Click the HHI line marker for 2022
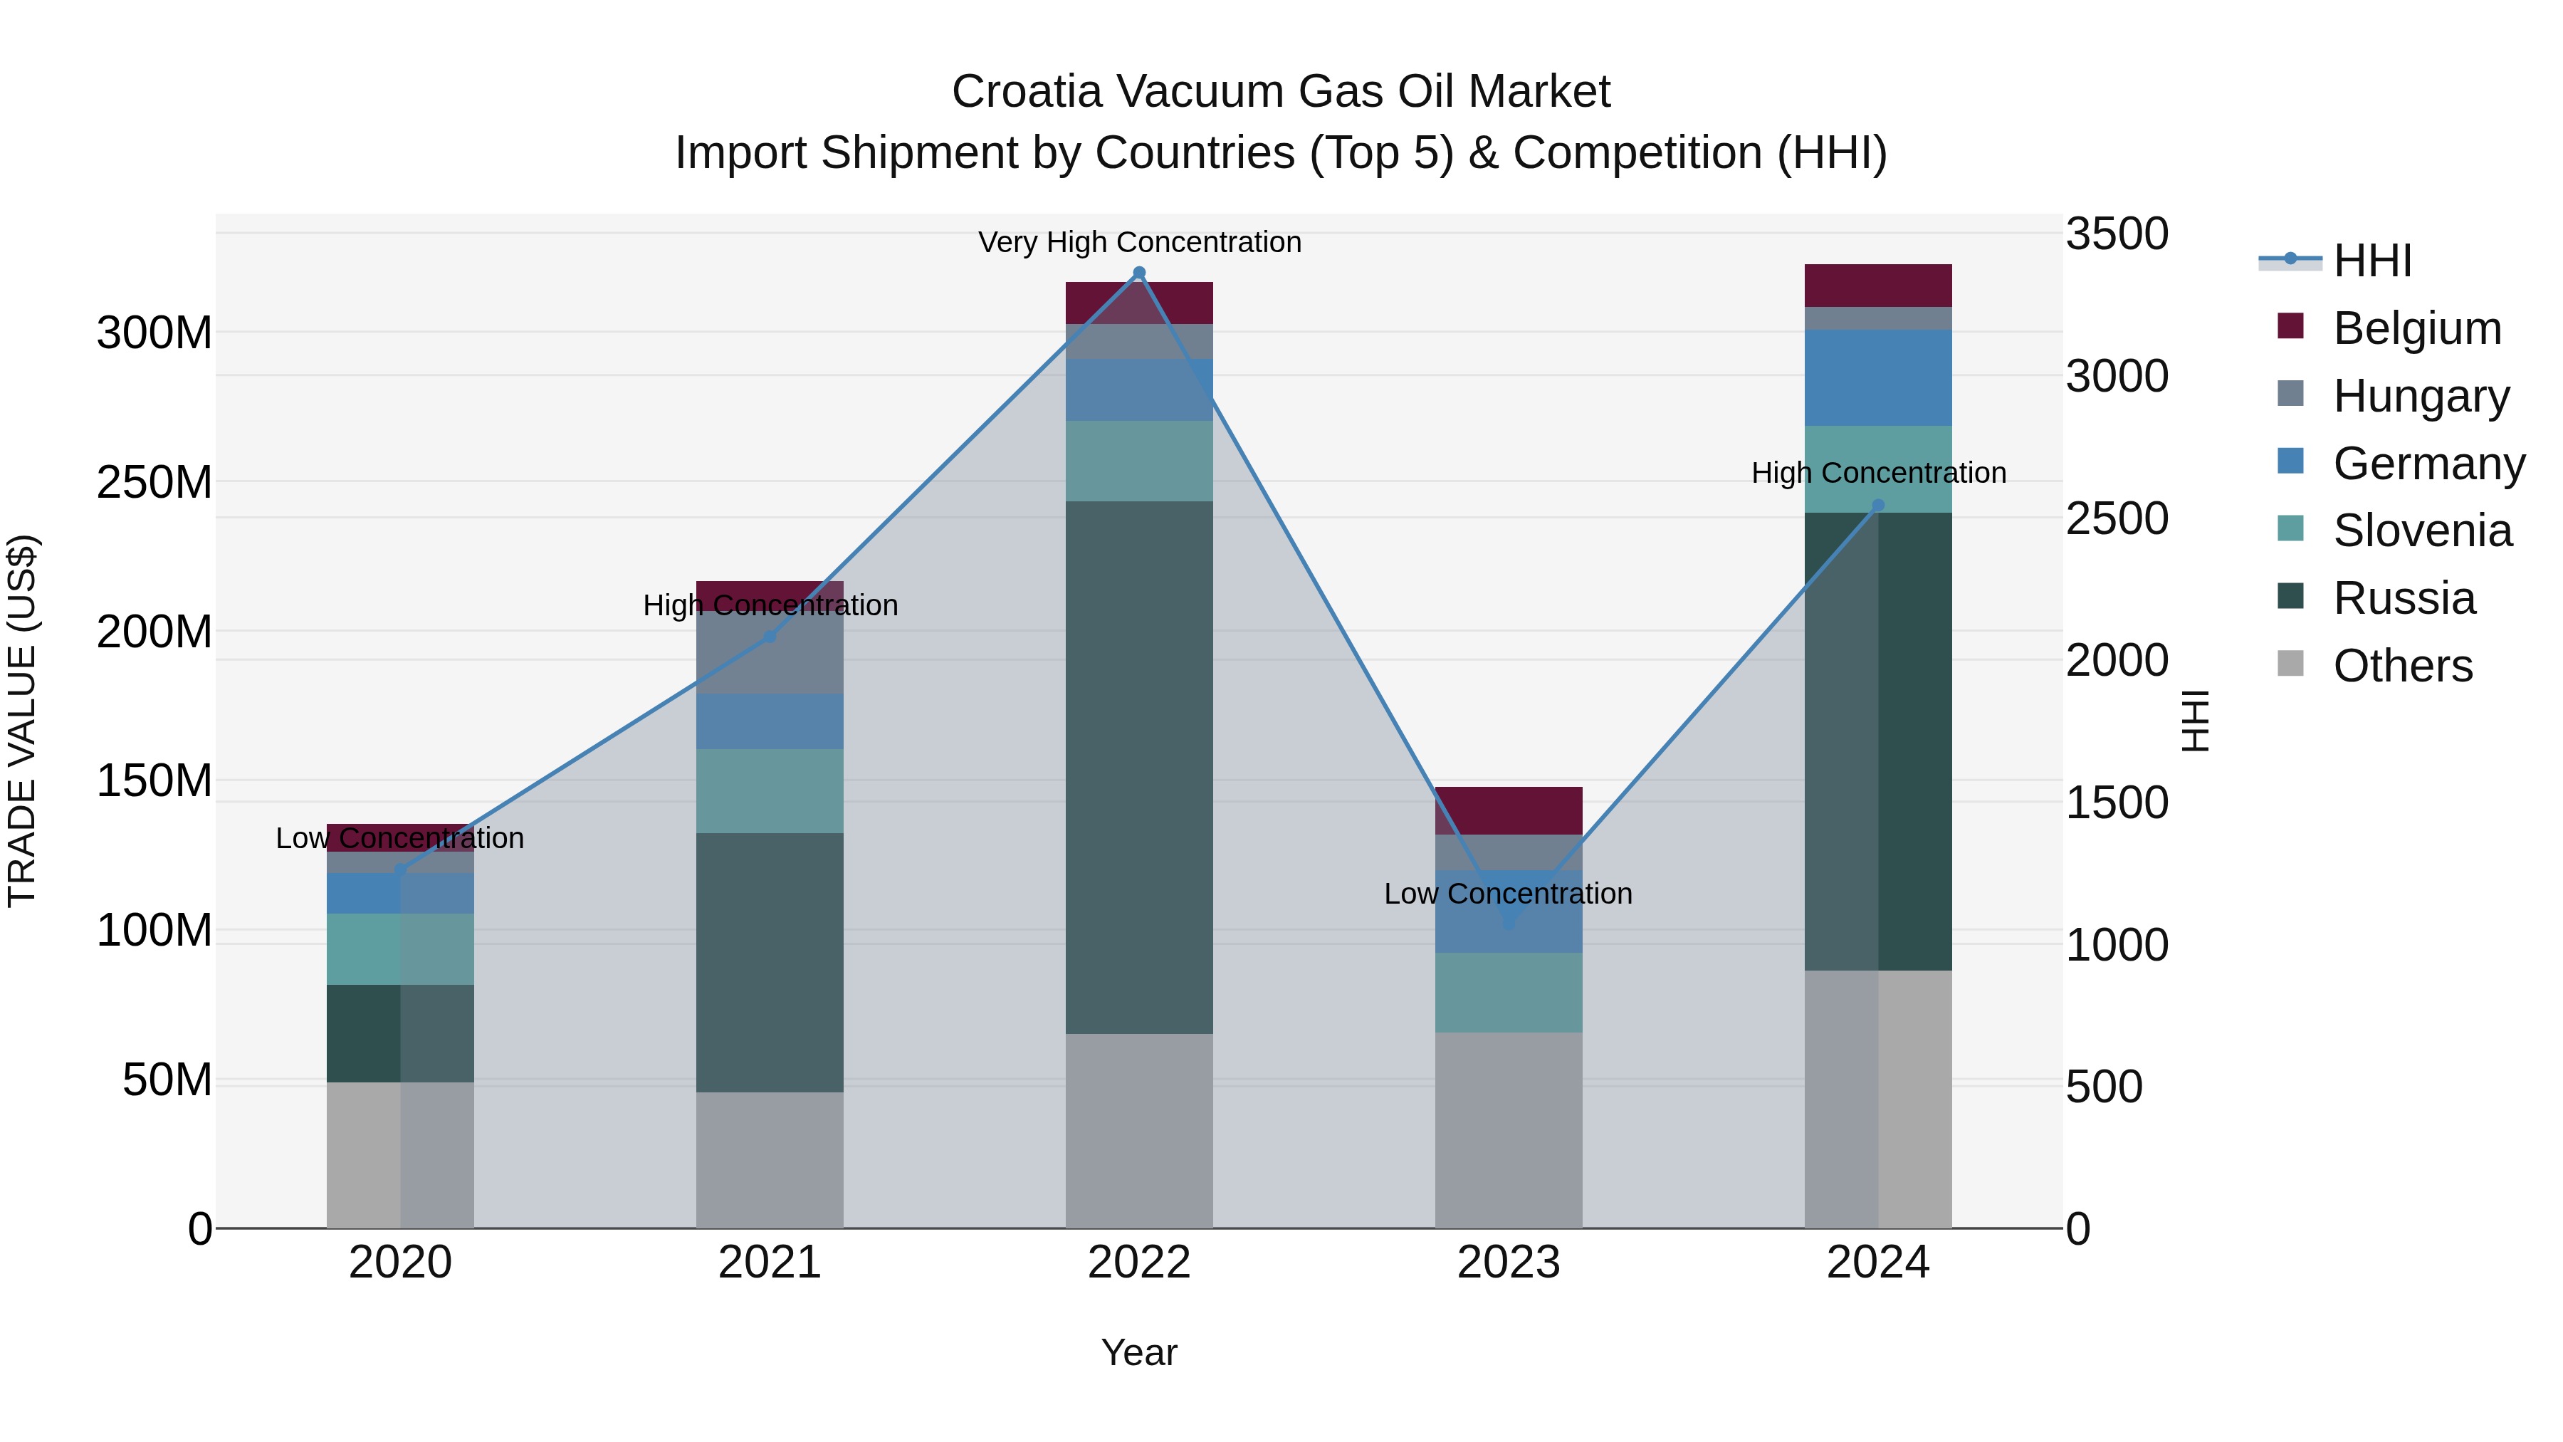pos(1139,273)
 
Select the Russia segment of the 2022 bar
pos(1139,766)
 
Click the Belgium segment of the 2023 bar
pos(1509,810)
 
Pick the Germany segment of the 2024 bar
pos(1877,378)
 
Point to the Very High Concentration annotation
pos(1139,242)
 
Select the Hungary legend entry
pos(2420,396)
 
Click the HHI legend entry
pos(2372,261)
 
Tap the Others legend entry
pos(2402,666)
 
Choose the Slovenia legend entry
pos(2422,531)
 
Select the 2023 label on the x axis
pos(1509,1263)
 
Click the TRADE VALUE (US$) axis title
pos(22,721)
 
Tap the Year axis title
pos(1139,1352)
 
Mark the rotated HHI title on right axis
pos(2194,721)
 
